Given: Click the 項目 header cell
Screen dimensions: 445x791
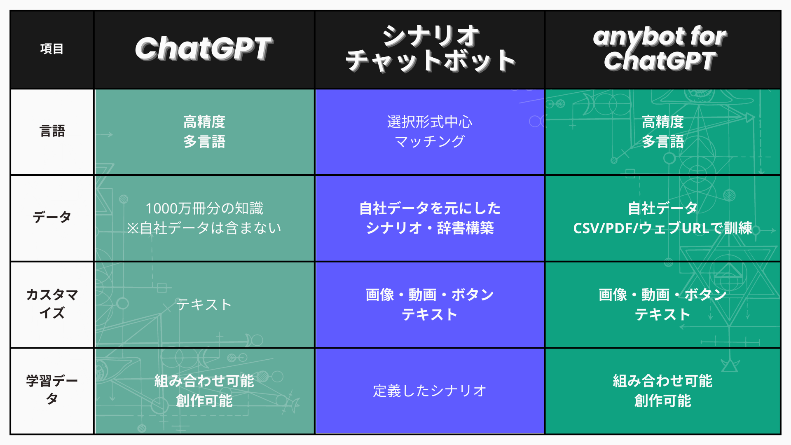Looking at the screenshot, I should point(52,49).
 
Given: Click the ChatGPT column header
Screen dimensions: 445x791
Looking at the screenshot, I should point(204,49).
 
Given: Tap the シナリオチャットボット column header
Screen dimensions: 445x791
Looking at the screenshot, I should point(430,49).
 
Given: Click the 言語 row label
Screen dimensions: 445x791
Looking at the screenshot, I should point(52,131).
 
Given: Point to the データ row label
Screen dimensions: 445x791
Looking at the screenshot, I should point(52,217).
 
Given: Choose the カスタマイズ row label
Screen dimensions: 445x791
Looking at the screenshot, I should point(52,304).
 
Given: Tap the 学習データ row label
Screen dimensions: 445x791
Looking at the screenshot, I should point(52,389).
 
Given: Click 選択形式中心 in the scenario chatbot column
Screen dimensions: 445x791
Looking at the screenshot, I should point(430,122).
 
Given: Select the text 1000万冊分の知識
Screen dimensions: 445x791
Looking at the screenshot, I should point(204,208).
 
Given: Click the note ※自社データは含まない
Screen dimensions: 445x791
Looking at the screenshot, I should point(204,228).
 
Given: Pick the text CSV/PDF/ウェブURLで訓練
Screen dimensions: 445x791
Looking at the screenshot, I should point(662,228).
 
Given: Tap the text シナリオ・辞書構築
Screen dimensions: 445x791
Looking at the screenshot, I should point(430,228).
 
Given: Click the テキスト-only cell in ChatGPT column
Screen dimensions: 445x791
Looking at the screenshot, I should point(204,304).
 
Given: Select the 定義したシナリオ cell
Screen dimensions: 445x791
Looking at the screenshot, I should point(430,391).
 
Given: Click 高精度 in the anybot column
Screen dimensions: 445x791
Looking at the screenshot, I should point(662,122).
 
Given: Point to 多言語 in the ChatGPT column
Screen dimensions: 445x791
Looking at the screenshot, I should point(204,142).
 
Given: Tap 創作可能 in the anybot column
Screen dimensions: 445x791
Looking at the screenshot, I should point(662,400).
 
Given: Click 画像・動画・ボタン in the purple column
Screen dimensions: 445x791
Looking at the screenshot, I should point(430,295).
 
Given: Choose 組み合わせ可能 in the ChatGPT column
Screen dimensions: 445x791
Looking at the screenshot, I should point(204,381).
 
